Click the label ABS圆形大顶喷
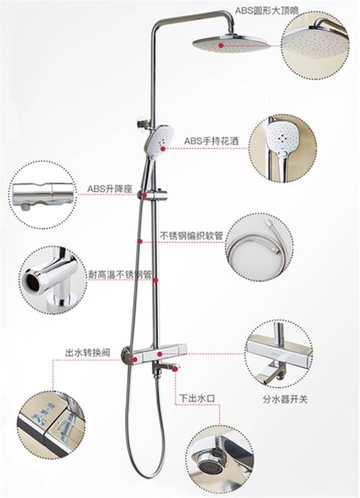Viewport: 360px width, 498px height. (x=266, y=11)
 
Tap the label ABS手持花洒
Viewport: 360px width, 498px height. (x=211, y=141)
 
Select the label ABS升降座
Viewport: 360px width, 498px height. (x=109, y=189)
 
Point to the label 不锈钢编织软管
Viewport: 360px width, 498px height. (x=192, y=236)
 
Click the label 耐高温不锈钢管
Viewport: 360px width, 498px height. (x=120, y=275)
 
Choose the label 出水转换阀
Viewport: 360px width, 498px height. (x=88, y=352)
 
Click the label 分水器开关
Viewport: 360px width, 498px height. (x=285, y=399)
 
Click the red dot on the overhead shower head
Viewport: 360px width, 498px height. (x=221, y=45)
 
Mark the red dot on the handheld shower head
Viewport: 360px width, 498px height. (x=163, y=148)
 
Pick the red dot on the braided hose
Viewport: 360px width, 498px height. (x=140, y=241)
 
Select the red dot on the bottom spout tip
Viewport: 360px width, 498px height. (x=176, y=369)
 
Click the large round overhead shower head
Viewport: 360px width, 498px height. (x=230, y=43)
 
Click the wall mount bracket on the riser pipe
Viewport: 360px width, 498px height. (x=144, y=123)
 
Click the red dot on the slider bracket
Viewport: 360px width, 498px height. (x=144, y=195)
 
